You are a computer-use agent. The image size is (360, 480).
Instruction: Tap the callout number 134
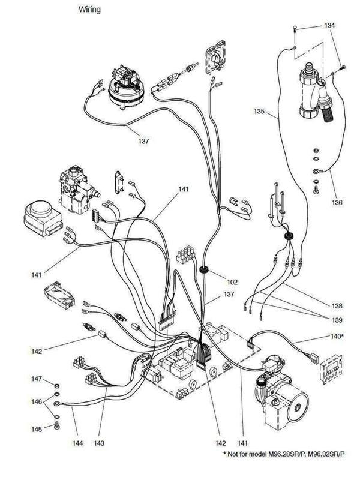click(x=329, y=26)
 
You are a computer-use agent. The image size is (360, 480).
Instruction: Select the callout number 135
click(x=259, y=111)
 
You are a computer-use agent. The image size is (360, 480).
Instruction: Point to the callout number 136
click(x=337, y=203)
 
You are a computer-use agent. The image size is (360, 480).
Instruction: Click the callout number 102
click(x=232, y=281)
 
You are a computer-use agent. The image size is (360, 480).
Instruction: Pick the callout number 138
click(x=337, y=305)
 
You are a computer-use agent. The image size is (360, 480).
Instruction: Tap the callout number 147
click(x=37, y=379)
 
